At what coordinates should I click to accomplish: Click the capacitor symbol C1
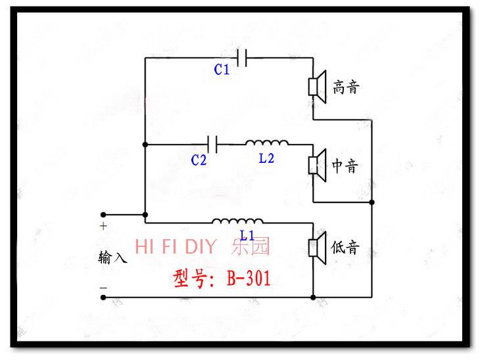pyautogui.click(x=242, y=58)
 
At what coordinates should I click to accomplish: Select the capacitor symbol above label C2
pyautogui.click(x=212, y=144)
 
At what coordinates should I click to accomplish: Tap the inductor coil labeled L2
pyautogui.click(x=267, y=143)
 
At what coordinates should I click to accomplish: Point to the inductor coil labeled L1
pyautogui.click(x=237, y=221)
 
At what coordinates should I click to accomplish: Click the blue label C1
pyautogui.click(x=222, y=70)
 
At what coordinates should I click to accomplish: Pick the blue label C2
pyautogui.click(x=199, y=160)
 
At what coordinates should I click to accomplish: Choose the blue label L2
pyautogui.click(x=266, y=158)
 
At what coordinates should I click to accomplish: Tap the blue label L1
pyautogui.click(x=247, y=236)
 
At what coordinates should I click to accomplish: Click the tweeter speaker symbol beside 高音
pyautogui.click(x=317, y=87)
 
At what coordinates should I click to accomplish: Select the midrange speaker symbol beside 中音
pyautogui.click(x=317, y=166)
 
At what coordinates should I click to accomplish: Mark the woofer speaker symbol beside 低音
pyautogui.click(x=317, y=248)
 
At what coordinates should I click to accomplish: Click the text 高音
pyautogui.click(x=346, y=87)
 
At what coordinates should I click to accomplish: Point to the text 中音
pyautogui.click(x=345, y=166)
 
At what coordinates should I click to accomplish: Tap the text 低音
pyautogui.click(x=345, y=247)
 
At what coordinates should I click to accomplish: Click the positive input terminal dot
pyautogui.click(x=103, y=215)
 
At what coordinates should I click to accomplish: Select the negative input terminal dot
pyautogui.click(x=103, y=298)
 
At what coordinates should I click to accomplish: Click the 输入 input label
pyautogui.click(x=112, y=258)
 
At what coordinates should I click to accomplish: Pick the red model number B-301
pyautogui.click(x=249, y=278)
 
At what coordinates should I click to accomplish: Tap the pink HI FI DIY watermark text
pyautogui.click(x=176, y=246)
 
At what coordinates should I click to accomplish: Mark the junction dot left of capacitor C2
pyautogui.click(x=145, y=145)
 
